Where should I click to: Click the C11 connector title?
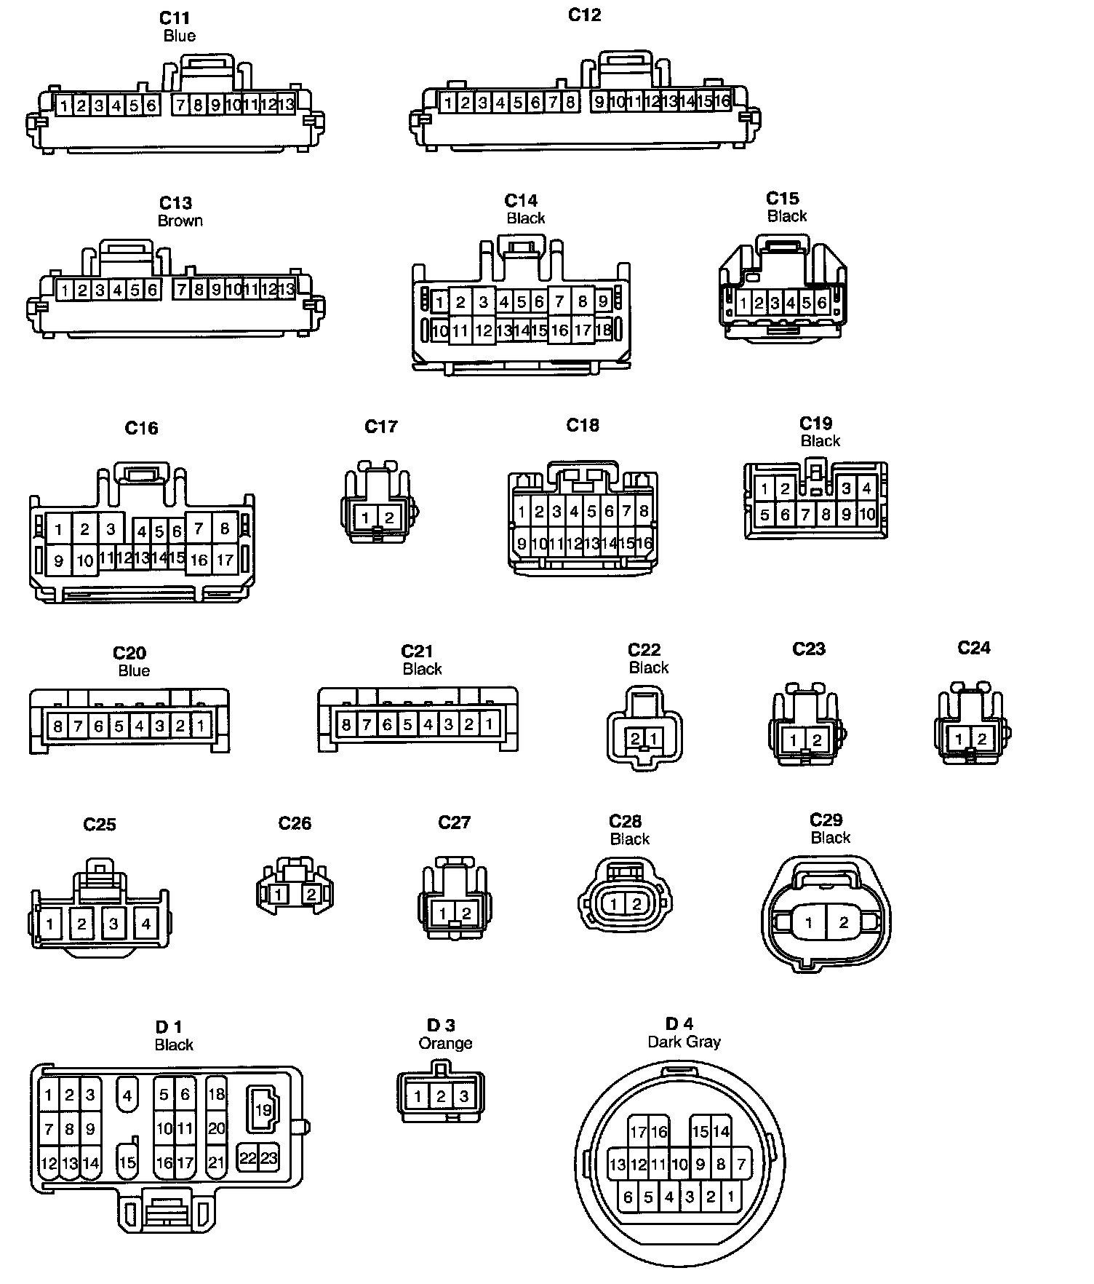(x=175, y=18)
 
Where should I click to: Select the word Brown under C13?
(x=180, y=221)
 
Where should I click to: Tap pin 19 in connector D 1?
(x=263, y=1109)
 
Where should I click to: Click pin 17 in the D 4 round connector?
(x=638, y=1132)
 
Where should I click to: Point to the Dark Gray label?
(x=684, y=1042)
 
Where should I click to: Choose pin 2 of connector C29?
(x=844, y=923)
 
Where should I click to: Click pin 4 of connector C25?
(x=145, y=924)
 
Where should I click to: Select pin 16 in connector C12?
(x=722, y=101)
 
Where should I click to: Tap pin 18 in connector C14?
(x=604, y=330)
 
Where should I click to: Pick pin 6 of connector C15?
(x=822, y=303)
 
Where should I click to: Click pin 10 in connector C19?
(x=867, y=515)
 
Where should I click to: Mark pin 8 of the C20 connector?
(x=57, y=726)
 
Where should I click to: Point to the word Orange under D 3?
(x=445, y=1043)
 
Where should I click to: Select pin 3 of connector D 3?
(x=463, y=1096)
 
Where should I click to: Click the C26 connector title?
(x=295, y=823)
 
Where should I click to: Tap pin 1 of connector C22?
(x=654, y=739)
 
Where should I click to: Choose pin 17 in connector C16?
(x=225, y=560)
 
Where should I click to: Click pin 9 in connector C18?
(x=522, y=543)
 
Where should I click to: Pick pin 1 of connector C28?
(x=614, y=904)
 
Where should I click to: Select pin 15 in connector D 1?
(x=127, y=1162)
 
